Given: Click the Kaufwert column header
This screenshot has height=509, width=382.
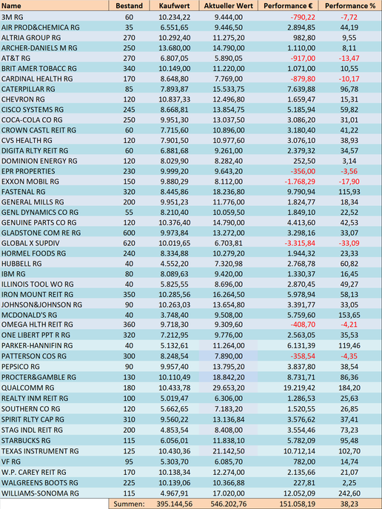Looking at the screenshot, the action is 175,6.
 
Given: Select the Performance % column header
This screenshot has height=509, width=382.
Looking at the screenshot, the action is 350,6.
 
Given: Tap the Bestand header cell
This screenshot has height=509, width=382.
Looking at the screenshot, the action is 129,6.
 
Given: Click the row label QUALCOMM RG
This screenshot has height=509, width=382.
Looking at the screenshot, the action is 28,387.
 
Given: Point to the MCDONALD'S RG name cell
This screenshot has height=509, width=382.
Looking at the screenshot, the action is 29,315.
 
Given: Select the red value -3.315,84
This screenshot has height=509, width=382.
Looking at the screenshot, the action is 300,243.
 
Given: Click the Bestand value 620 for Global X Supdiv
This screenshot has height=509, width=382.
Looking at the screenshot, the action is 129,243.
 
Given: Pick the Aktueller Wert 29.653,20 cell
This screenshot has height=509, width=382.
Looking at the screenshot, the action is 229,387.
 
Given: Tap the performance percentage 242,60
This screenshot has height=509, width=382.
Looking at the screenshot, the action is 349,493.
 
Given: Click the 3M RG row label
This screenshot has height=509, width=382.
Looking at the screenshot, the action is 13,17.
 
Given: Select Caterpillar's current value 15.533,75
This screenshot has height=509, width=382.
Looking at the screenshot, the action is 229,89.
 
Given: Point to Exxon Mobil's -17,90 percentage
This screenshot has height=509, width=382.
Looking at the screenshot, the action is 349,182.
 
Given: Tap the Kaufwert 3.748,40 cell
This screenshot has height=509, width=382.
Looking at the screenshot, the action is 175,315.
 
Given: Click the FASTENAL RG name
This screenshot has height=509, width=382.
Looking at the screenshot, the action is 24,192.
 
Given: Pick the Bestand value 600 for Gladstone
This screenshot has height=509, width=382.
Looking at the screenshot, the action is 129,233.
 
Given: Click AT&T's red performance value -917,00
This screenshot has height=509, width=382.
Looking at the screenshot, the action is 303,58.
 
